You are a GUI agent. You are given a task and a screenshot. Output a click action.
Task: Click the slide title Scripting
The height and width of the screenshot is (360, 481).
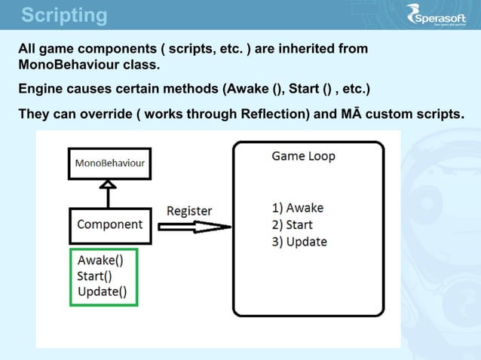coord(64,15)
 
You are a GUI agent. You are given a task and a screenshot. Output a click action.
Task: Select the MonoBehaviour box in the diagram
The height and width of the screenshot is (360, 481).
coord(110,163)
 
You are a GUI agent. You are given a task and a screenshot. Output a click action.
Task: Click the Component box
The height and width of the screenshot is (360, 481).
coord(110,224)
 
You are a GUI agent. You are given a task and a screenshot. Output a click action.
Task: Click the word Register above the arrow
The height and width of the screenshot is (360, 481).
coord(189,211)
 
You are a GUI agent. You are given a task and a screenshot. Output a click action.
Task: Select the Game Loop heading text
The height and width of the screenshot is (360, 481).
coord(303,157)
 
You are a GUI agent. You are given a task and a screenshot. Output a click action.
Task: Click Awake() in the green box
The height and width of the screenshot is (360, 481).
coord(100,261)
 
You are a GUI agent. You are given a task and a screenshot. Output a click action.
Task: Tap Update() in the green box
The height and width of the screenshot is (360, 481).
coord(102,291)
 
